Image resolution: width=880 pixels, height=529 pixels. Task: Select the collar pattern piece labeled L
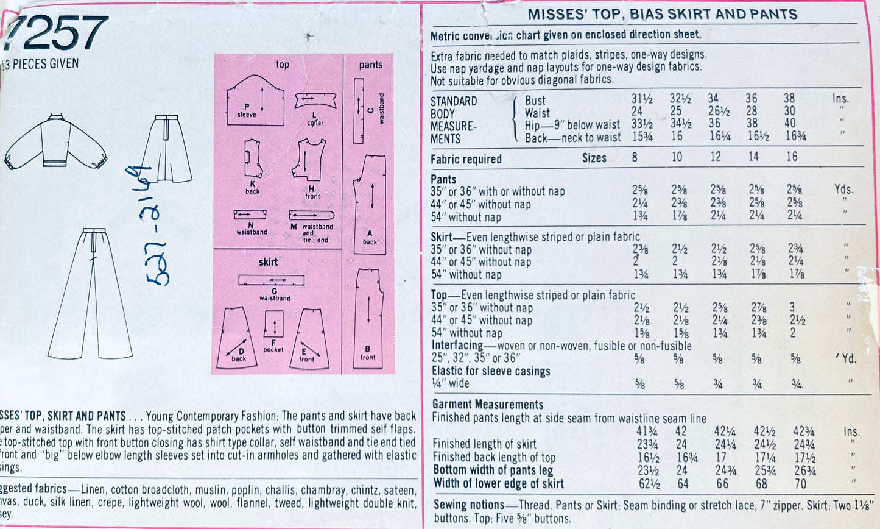315,101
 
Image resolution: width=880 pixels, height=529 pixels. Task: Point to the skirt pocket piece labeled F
273,324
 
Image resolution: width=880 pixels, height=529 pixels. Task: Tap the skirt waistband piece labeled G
271,280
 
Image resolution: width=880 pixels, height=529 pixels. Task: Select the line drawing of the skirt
165,149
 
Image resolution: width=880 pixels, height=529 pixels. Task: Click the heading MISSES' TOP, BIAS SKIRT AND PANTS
662,15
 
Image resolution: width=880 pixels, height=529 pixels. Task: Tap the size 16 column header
791,157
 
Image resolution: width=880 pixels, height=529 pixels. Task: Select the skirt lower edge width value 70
800,484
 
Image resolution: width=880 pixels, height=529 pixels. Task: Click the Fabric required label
466,159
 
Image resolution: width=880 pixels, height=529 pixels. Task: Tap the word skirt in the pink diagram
268,262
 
